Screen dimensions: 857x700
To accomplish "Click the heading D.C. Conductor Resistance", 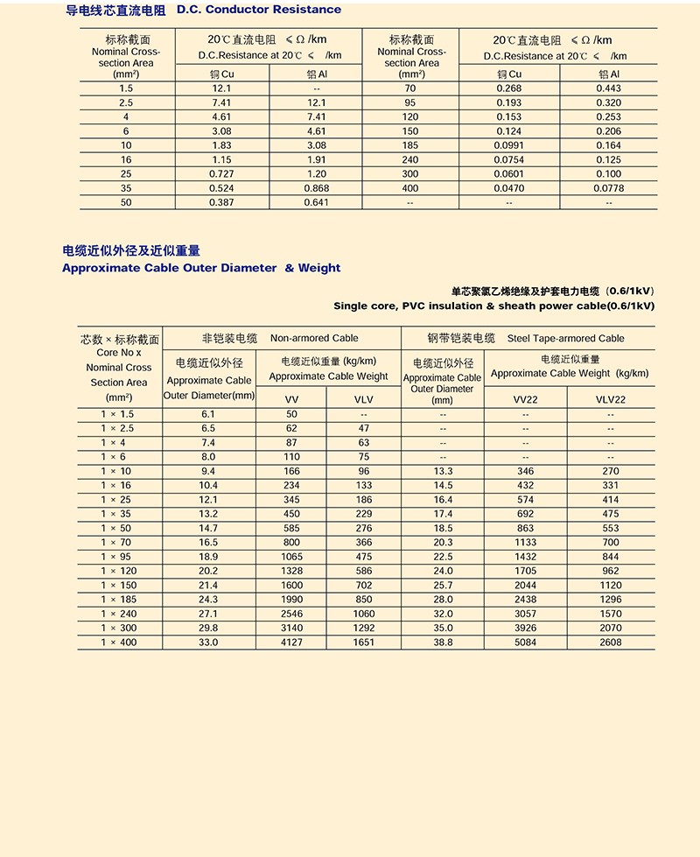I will click(259, 10).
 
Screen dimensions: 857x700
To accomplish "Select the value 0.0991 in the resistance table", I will click(508, 145).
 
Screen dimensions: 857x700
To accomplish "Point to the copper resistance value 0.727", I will click(221, 174).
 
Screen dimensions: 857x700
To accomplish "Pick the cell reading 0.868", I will click(317, 188).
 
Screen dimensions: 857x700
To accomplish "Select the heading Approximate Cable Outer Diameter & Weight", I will click(201, 268).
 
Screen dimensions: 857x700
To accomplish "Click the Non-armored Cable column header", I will click(314, 338).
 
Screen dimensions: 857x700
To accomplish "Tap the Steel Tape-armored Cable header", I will click(565, 338).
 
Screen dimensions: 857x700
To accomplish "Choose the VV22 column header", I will click(525, 399).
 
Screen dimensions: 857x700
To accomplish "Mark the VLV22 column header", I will click(611, 399).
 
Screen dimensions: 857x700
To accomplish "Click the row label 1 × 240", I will click(118, 614).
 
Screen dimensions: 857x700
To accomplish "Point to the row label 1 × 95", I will click(118, 557).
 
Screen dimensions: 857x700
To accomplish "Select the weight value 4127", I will click(291, 643).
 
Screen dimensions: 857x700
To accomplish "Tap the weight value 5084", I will click(525, 643).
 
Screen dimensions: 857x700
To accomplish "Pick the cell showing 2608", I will click(611, 643).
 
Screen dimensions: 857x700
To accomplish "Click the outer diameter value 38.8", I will click(443, 643).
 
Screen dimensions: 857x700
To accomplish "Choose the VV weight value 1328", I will click(291, 571).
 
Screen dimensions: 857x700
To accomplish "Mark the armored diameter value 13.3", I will click(443, 471).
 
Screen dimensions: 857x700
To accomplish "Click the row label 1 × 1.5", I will click(118, 414).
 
